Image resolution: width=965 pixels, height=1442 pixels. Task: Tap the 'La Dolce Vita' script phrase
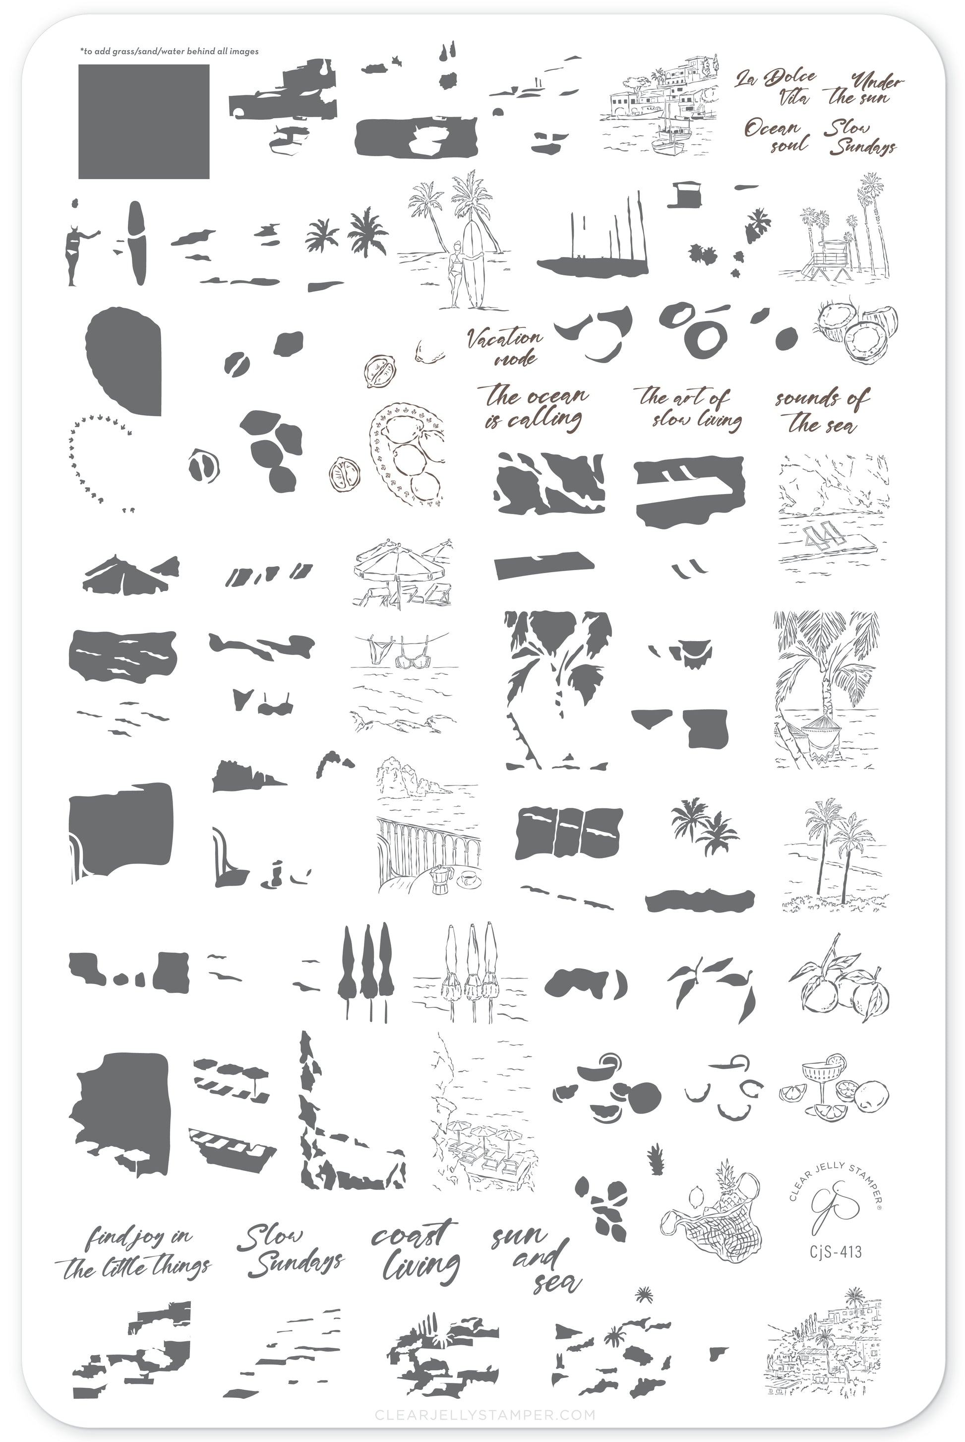click(x=776, y=87)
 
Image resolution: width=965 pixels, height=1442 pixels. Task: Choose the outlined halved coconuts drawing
click(x=857, y=332)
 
